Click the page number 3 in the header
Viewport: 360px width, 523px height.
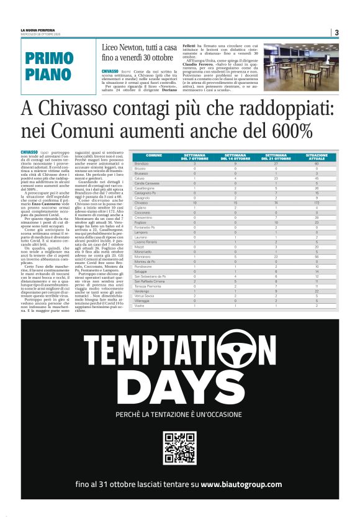tap(336, 33)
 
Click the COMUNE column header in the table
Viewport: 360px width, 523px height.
tap(153, 157)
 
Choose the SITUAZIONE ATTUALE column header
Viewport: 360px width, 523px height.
tap(317, 157)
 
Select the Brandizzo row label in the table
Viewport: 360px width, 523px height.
tap(142, 163)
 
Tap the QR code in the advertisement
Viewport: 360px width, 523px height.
tap(179, 447)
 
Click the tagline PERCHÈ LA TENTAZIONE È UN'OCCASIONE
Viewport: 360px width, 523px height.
tap(179, 414)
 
